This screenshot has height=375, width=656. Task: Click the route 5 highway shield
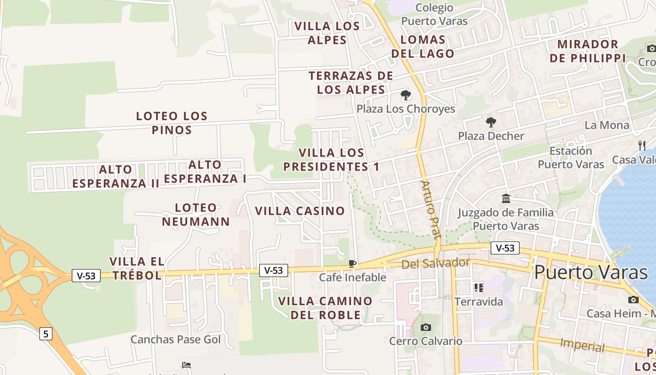click(45, 334)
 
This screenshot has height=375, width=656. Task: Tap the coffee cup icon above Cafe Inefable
click(352, 264)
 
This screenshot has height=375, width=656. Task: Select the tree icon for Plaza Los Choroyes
click(406, 96)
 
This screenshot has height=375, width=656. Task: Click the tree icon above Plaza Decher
click(491, 123)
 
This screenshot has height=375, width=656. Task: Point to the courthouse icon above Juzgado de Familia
click(506, 199)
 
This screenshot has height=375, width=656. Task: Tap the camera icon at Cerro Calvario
click(425, 327)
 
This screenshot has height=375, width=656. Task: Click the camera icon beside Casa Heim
click(634, 300)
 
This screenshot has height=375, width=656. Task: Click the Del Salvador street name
click(435, 263)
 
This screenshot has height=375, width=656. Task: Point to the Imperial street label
click(582, 345)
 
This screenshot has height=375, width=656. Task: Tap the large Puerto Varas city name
click(591, 272)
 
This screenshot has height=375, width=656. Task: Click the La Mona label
click(607, 125)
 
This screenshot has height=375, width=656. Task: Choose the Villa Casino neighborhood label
click(300, 211)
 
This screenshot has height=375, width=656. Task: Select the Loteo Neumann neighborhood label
click(196, 215)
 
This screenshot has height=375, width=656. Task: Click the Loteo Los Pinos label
click(172, 123)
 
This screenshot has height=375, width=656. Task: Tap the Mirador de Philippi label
click(588, 51)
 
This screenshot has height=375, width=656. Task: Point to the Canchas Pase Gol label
click(175, 339)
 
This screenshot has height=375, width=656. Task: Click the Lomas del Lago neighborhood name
click(423, 46)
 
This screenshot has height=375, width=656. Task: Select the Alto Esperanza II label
click(116, 176)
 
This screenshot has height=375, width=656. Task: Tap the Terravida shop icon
click(478, 287)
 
